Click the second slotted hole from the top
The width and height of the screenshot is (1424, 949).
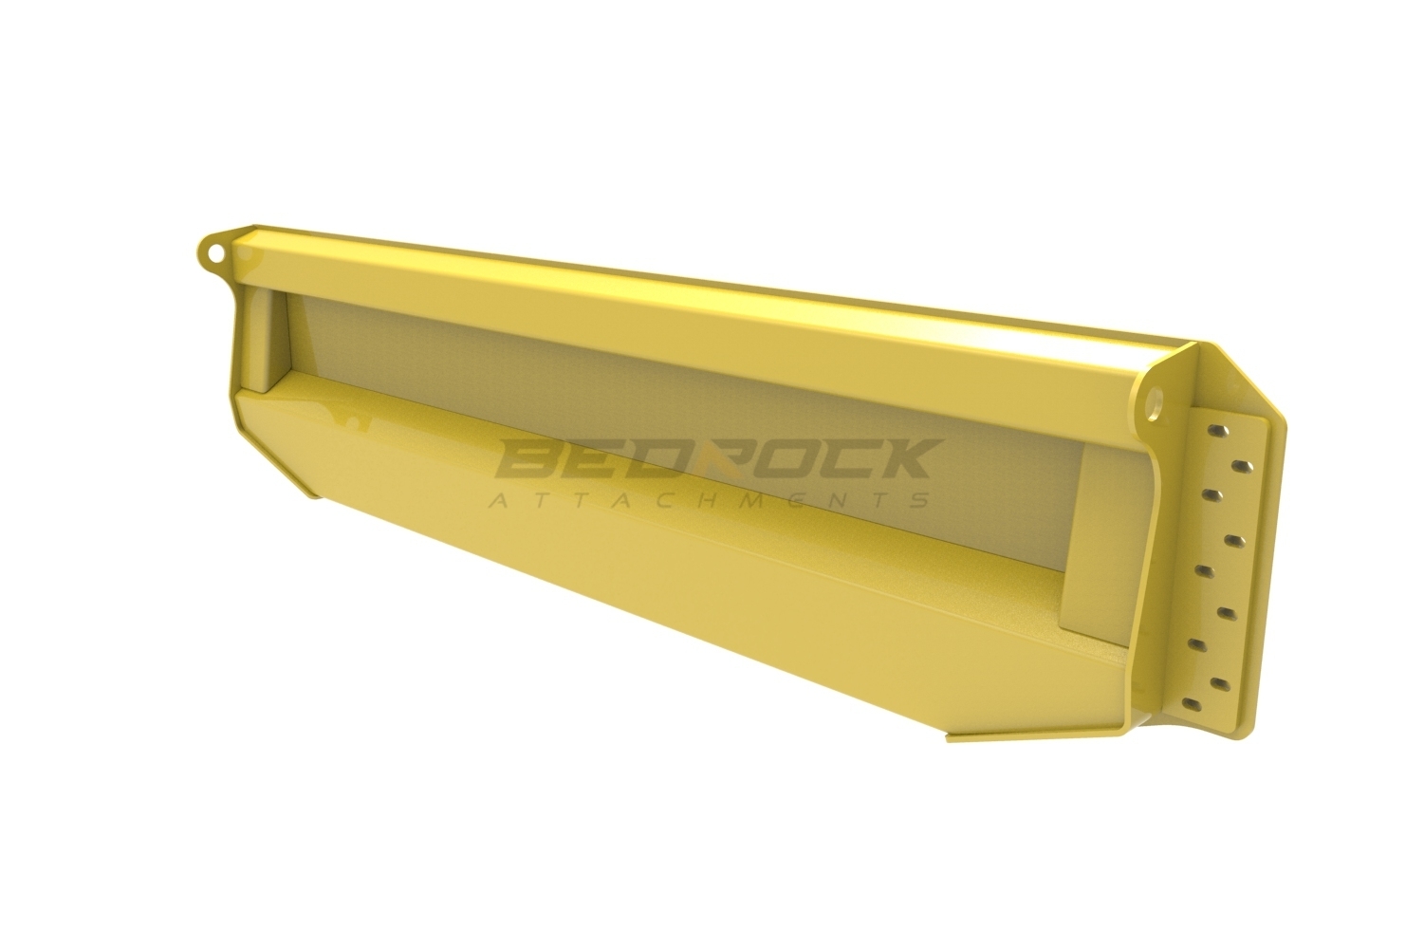1242,466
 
